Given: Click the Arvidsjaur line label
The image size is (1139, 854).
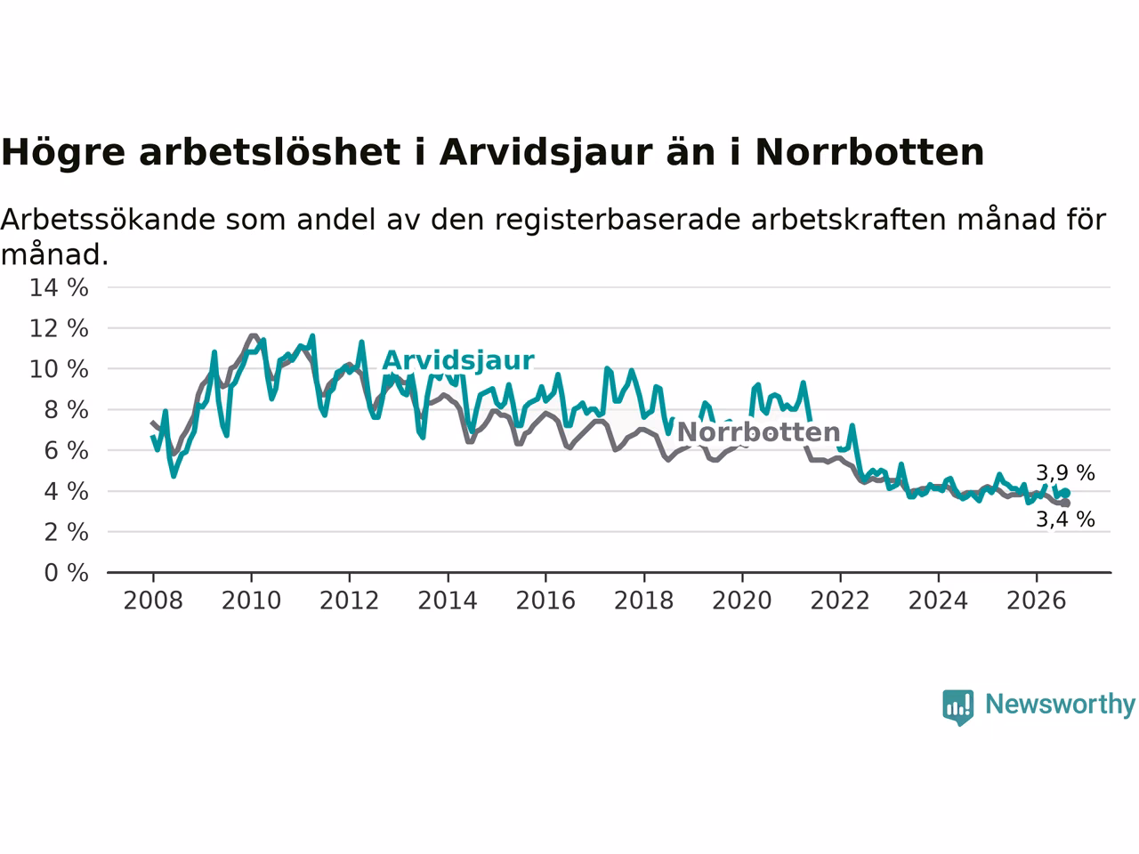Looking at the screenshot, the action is click(x=458, y=361).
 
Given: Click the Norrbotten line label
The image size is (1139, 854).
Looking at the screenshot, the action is click(x=759, y=432).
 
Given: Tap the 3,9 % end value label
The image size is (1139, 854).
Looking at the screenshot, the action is click(x=1065, y=473).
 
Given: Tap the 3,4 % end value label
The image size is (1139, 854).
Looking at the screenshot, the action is click(x=1065, y=519).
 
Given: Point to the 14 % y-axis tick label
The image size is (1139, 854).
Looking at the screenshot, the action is click(x=59, y=287).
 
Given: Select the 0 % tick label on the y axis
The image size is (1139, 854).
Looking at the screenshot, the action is click(x=67, y=573).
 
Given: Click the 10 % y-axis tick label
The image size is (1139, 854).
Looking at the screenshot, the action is click(x=59, y=369).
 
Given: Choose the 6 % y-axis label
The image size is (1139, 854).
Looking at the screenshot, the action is click(x=67, y=451).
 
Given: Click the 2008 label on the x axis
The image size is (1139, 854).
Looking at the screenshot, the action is click(x=153, y=601).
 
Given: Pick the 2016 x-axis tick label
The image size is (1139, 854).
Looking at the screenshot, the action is click(x=545, y=601).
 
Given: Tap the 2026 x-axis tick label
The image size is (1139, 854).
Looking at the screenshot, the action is click(x=1037, y=601).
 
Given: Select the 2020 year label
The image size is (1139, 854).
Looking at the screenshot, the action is click(x=742, y=601).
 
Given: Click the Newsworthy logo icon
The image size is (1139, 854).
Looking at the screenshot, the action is click(x=957, y=707).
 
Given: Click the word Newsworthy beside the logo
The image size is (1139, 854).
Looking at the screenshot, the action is click(x=1060, y=705).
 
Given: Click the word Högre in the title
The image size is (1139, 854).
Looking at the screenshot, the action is click(x=63, y=153).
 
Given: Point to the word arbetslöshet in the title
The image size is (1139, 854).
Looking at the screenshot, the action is click(x=270, y=152).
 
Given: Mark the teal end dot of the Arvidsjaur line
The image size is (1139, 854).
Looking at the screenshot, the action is click(x=1066, y=493).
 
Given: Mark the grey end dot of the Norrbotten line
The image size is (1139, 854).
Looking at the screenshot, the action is click(x=1066, y=503).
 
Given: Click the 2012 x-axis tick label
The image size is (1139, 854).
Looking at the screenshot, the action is click(x=349, y=601).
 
